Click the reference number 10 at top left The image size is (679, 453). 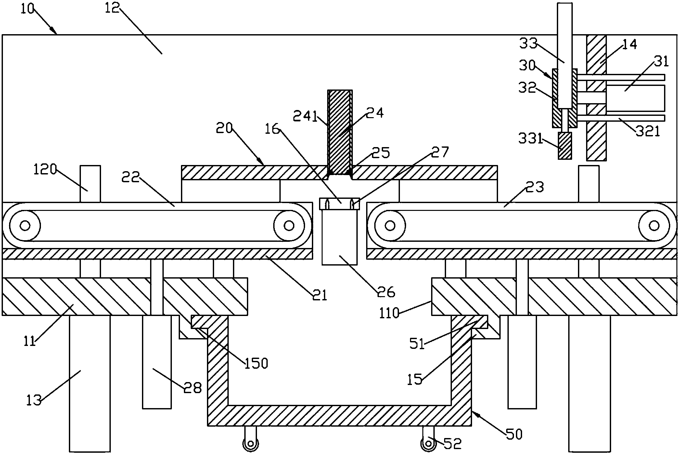pyautogui.click(x=27, y=9)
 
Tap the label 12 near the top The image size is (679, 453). pyautogui.click(x=112, y=8)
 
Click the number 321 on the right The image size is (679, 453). pyautogui.click(x=648, y=131)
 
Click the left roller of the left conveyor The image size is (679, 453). pyautogui.click(x=25, y=225)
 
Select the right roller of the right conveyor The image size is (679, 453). pyautogui.click(x=654, y=225)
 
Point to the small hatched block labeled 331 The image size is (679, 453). pyautogui.click(x=565, y=146)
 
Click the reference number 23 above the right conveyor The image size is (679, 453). pyautogui.click(x=534, y=187)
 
